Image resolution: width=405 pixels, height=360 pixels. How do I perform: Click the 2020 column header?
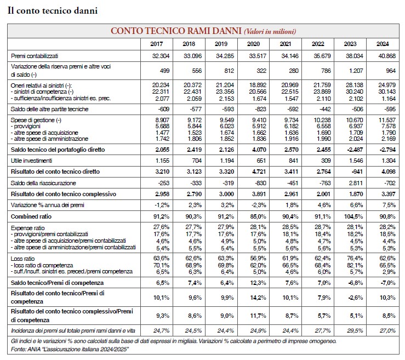253,44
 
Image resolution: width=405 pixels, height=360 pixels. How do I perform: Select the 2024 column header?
383,44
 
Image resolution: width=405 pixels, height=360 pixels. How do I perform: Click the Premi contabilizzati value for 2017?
161,56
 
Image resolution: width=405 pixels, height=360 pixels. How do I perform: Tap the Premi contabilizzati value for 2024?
387,56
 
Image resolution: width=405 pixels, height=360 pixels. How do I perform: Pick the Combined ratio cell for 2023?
353,216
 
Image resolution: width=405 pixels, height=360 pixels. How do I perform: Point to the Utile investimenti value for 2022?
326,161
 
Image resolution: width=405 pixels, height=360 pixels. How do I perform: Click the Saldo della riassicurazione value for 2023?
356,183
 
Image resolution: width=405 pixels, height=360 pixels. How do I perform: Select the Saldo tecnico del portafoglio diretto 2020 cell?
259,150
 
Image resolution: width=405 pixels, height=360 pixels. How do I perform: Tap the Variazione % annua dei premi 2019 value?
227,205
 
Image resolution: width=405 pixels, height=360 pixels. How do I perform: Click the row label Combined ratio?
31,216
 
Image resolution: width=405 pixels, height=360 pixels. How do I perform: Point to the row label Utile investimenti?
31,161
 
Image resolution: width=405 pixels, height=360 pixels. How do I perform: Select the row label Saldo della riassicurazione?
43,183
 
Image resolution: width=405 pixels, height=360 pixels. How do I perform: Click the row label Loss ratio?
22,259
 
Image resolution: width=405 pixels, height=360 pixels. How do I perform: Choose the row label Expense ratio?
27,228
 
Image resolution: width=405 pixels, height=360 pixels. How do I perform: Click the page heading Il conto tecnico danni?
53,10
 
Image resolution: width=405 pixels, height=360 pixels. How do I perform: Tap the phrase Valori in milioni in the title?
270,31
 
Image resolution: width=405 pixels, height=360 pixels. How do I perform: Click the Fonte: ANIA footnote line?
70,350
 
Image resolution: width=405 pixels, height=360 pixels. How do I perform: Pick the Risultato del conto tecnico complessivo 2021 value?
292,194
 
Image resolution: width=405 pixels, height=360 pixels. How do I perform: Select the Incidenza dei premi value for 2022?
323,330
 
